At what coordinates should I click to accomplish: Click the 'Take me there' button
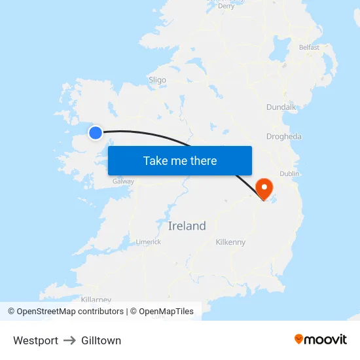click(180, 160)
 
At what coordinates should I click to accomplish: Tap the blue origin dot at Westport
click(96, 133)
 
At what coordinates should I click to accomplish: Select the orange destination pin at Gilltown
click(265, 189)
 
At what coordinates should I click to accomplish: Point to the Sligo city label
click(157, 80)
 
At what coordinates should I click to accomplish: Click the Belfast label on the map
click(309, 47)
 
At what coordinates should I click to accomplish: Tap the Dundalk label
click(281, 107)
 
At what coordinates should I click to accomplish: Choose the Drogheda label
click(284, 137)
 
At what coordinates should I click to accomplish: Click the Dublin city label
click(289, 173)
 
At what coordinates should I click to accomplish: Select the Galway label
click(123, 181)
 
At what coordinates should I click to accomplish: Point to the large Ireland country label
click(187, 226)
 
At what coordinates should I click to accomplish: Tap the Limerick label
click(149, 242)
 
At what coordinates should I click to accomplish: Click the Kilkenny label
click(230, 242)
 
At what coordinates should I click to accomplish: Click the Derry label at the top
click(226, 6)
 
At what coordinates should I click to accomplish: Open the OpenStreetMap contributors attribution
click(69, 312)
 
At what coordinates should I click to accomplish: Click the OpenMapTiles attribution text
click(166, 312)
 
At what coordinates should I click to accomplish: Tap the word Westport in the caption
click(35, 340)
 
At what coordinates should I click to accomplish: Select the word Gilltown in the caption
click(101, 340)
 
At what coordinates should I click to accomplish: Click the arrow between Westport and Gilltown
click(70, 340)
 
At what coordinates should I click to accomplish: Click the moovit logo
click(321, 339)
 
